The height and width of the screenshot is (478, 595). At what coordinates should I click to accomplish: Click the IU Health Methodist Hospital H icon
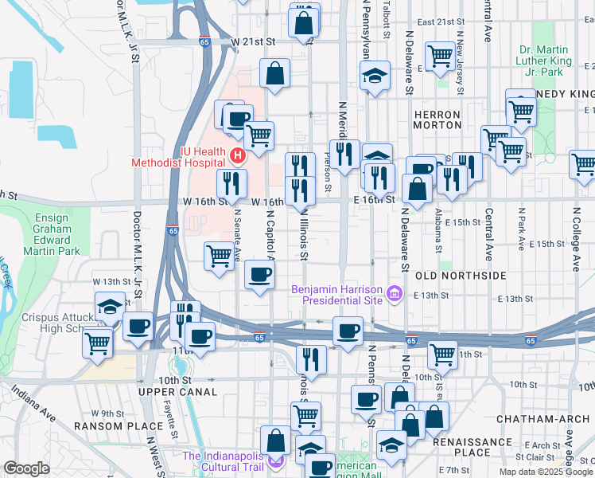click(235, 155)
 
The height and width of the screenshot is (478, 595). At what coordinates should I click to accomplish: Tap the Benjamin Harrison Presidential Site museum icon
click(392, 295)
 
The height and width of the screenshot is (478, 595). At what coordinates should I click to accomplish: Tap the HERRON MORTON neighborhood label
click(437, 120)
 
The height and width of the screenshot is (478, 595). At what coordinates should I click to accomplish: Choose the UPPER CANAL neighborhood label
click(177, 392)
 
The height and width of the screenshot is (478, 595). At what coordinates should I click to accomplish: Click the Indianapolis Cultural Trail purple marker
click(276, 460)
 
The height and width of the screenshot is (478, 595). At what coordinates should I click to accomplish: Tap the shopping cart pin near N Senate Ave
click(219, 257)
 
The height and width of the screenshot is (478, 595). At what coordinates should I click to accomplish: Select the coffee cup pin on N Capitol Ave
click(259, 275)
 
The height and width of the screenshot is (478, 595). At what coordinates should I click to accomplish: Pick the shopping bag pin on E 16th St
click(417, 189)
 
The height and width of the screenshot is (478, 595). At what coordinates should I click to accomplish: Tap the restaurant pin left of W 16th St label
click(231, 184)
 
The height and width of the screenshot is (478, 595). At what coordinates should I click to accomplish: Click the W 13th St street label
click(111, 281)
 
